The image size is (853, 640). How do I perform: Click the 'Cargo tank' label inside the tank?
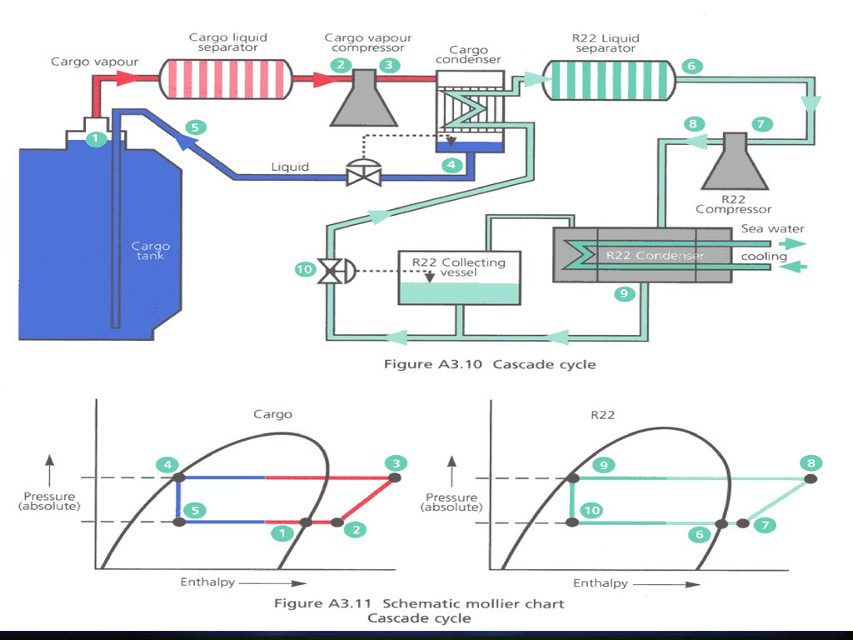(x=151, y=250)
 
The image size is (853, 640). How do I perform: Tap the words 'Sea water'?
(x=773, y=228)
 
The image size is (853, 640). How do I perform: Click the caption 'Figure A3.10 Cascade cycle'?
(x=489, y=364)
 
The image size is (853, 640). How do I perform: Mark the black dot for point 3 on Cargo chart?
(x=394, y=477)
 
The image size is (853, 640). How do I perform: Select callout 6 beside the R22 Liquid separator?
(x=691, y=66)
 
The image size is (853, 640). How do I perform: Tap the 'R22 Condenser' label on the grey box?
(x=655, y=255)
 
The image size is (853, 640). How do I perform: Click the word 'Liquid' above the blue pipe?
(x=290, y=167)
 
